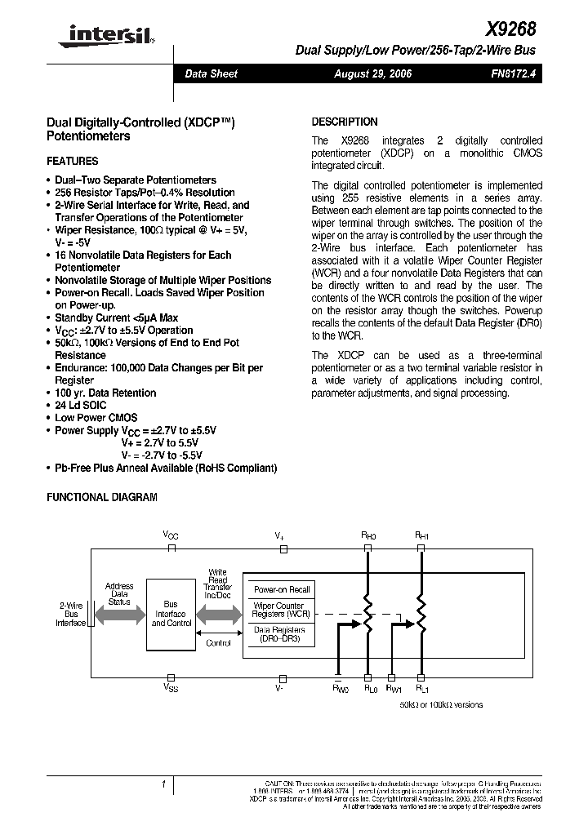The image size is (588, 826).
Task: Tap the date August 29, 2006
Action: point(372,73)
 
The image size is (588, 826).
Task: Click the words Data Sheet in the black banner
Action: point(211,73)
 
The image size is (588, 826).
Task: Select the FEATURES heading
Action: point(73,162)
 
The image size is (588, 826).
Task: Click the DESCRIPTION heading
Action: point(345,122)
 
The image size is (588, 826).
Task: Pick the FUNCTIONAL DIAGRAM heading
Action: point(102,497)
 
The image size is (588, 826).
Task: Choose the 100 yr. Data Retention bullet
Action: point(105,393)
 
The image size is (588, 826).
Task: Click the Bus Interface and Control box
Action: point(171,614)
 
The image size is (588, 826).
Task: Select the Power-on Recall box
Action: point(282,589)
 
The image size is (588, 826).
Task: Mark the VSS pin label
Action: point(170,687)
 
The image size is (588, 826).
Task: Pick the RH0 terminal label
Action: point(368,535)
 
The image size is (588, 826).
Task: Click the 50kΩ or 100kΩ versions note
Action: point(441,704)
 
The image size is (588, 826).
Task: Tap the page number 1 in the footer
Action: point(164,785)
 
